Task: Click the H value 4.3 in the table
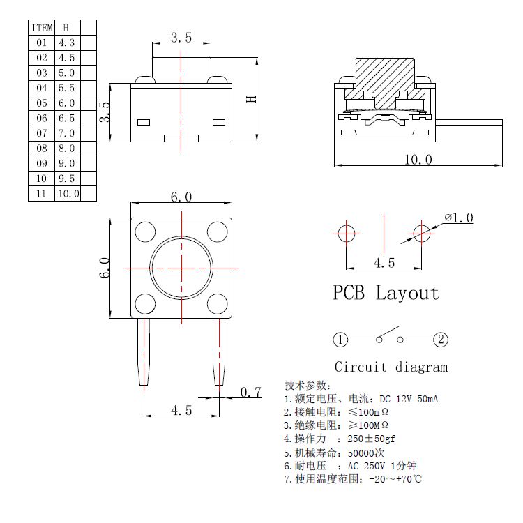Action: [67, 43]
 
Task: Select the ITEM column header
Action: [41, 28]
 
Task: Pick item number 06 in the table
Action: [41, 119]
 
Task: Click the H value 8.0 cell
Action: [67, 149]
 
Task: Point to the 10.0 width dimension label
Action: [418, 160]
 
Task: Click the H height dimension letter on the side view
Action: [252, 99]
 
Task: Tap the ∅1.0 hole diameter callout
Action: [459, 218]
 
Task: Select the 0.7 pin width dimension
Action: [250, 393]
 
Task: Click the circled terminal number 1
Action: [340, 340]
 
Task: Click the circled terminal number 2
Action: [441, 340]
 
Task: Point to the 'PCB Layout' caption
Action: [386, 293]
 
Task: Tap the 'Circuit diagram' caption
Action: [391, 367]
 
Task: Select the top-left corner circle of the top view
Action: [145, 232]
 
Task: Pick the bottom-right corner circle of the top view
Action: [218, 303]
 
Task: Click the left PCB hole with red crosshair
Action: [347, 233]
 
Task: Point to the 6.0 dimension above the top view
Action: [181, 197]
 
